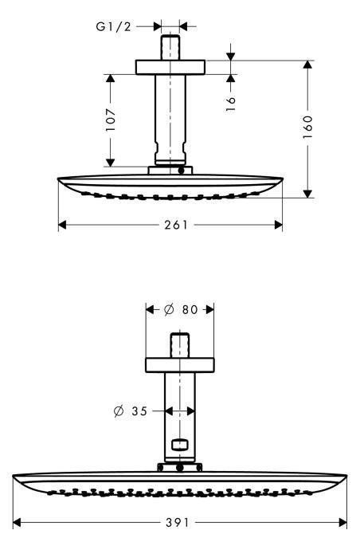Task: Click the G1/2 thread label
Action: [114, 26]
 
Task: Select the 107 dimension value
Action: [112, 120]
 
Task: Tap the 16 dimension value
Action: [230, 103]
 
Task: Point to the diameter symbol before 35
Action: [119, 410]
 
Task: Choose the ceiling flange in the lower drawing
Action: [179, 365]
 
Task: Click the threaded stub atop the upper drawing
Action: [170, 45]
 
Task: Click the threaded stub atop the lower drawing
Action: [179, 347]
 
